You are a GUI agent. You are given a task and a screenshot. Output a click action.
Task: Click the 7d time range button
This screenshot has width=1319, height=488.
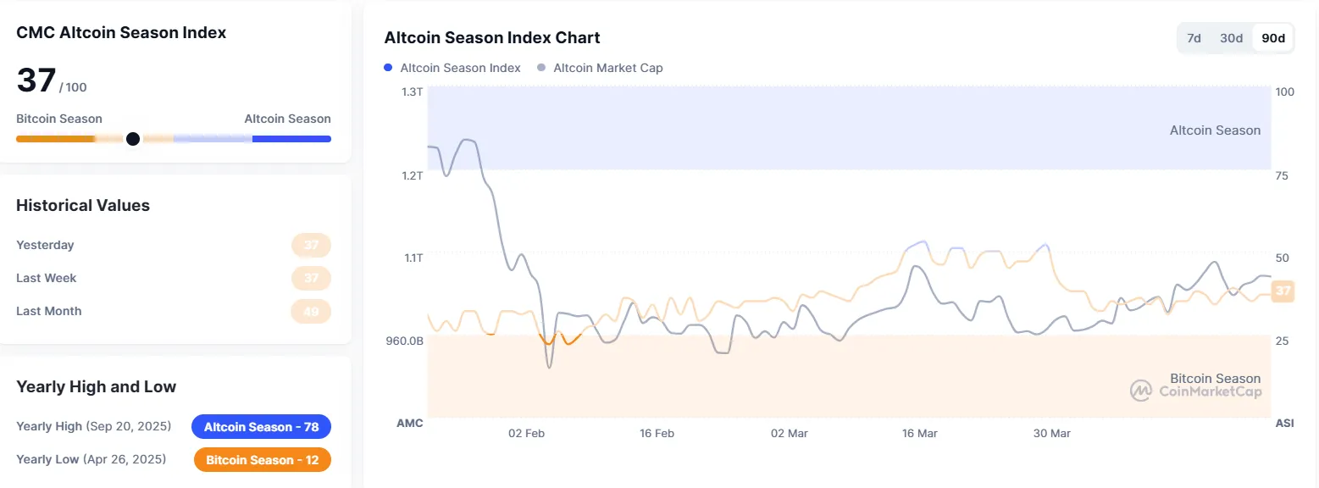click(x=1194, y=38)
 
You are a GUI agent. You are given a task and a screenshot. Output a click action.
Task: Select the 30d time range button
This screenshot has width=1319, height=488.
click(x=1231, y=38)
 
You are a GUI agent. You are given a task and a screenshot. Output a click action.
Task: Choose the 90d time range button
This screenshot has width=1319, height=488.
click(x=1273, y=38)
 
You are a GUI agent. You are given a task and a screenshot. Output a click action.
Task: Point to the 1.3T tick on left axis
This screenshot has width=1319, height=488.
click(x=412, y=91)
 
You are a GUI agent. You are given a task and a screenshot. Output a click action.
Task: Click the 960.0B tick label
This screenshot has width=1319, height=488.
click(x=406, y=341)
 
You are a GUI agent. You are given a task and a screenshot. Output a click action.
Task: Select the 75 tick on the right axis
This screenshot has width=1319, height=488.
click(x=1282, y=175)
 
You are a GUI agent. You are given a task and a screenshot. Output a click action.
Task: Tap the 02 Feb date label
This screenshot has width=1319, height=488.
click(x=526, y=434)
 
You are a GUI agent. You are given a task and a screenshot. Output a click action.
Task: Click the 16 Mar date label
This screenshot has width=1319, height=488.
click(x=920, y=434)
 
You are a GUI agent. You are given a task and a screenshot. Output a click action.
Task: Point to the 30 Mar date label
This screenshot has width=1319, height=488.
click(x=1051, y=434)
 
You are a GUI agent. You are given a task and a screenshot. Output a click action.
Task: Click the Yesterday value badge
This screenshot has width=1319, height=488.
click(x=311, y=246)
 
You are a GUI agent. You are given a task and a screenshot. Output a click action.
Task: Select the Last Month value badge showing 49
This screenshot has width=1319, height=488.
click(x=311, y=312)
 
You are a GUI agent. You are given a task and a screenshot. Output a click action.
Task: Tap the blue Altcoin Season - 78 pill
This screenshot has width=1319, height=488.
click(x=261, y=427)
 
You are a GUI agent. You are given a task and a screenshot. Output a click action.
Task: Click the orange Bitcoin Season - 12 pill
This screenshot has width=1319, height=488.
click(x=262, y=459)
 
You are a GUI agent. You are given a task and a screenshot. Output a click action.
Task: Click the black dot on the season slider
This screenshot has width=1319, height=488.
click(x=133, y=139)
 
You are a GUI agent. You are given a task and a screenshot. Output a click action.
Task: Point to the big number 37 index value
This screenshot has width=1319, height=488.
click(x=36, y=80)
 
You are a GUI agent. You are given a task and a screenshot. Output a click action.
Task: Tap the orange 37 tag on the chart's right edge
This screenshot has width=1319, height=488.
click(x=1283, y=291)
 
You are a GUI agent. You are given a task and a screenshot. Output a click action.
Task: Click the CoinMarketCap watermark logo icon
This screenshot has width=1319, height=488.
click(x=1141, y=391)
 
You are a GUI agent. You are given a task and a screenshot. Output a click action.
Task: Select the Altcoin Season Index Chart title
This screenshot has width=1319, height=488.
click(x=492, y=38)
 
